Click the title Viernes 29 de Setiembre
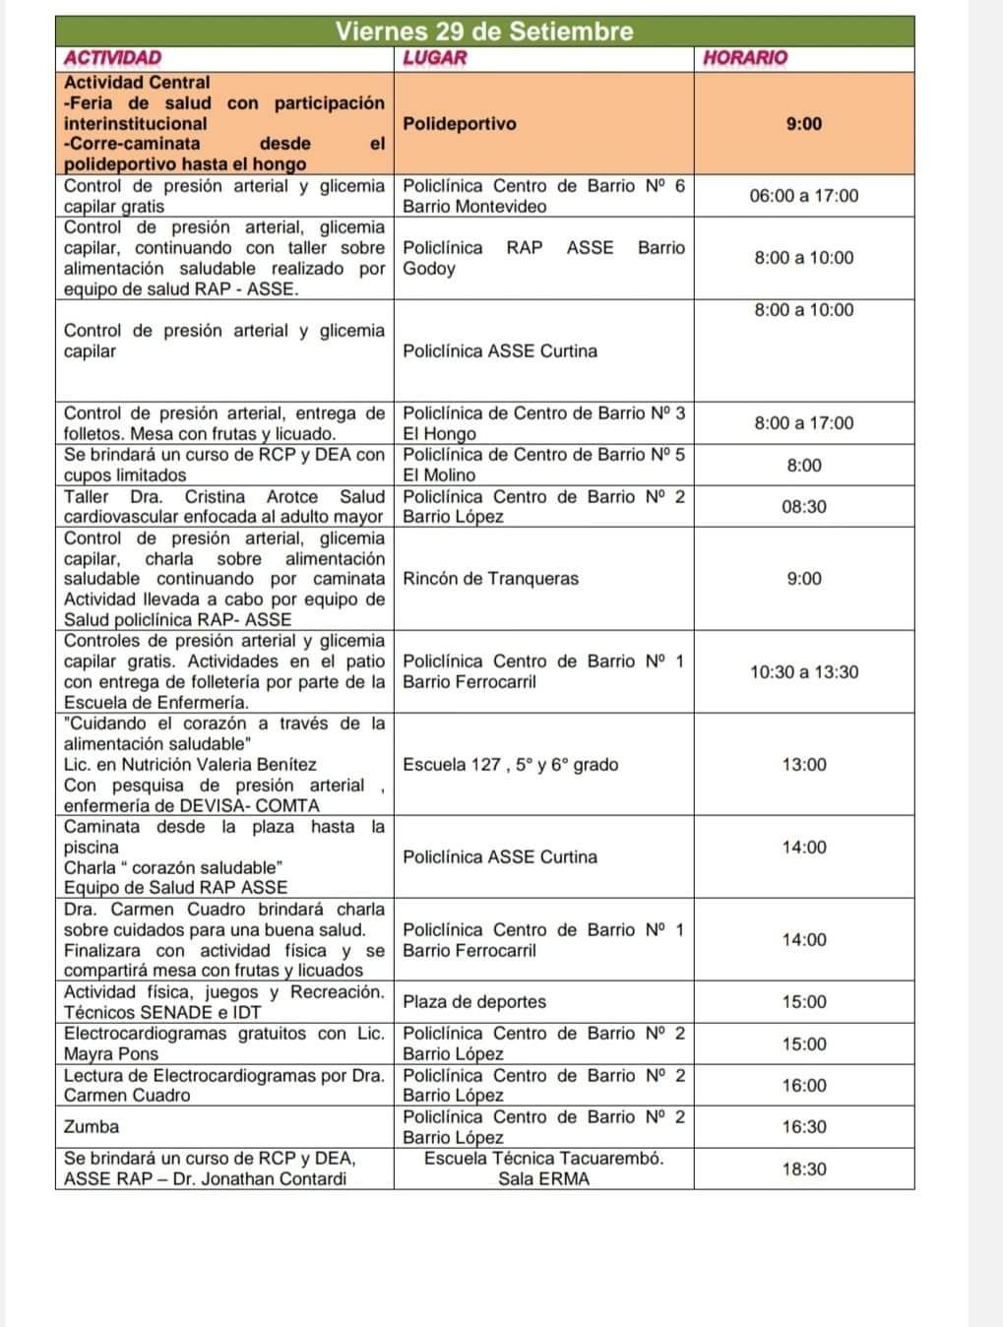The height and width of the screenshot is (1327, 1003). point(483,31)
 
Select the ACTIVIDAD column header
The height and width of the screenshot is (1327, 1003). point(112,58)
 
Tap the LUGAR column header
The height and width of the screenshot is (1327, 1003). point(434,58)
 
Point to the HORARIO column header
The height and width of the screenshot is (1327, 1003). point(745,58)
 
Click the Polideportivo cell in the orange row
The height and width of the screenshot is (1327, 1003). point(459,124)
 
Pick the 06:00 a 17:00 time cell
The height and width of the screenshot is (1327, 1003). point(803,196)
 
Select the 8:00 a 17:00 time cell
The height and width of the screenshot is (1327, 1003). point(803,423)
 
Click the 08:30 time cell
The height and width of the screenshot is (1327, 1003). point(803,507)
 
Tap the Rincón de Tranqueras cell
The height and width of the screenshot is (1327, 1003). point(490,579)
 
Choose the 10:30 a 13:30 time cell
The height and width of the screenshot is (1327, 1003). point(803,672)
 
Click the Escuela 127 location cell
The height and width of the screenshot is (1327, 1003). point(510,765)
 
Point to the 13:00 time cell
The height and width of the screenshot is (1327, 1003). point(803,765)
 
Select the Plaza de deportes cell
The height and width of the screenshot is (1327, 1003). point(473,1002)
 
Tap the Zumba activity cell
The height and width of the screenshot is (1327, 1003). point(91,1127)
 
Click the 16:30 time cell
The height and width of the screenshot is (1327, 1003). point(803,1127)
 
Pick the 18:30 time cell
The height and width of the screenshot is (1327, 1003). point(803,1169)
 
